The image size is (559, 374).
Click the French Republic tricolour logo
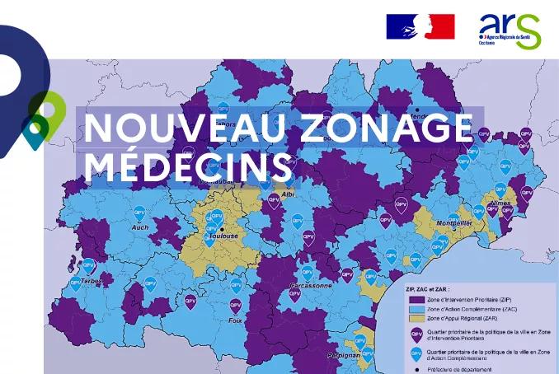[420, 26]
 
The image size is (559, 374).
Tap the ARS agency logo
[509, 30]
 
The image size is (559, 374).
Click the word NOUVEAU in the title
[181, 129]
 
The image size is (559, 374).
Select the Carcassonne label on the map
[311, 285]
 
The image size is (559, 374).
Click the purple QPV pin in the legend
[416, 334]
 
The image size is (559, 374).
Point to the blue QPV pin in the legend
[416, 353]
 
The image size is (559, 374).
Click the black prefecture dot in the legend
[416, 367]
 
